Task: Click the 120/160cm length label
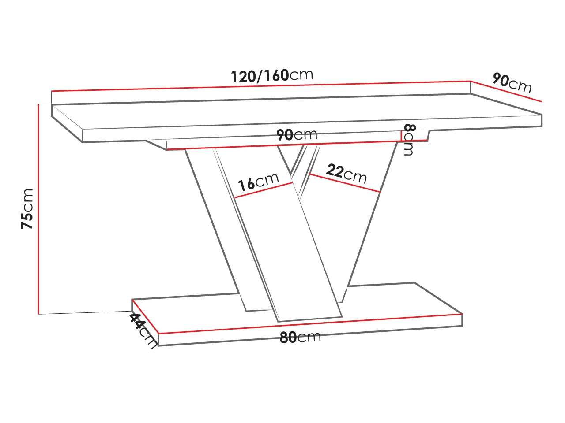click(x=272, y=76)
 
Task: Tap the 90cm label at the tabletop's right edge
click(x=512, y=83)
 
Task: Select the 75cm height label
click(x=27, y=208)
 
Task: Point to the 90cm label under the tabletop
click(x=297, y=134)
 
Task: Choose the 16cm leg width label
click(x=258, y=182)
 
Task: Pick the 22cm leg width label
click(x=347, y=174)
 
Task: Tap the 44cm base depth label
click(x=143, y=331)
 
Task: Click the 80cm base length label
click(x=300, y=337)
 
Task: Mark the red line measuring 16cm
click(x=264, y=190)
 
